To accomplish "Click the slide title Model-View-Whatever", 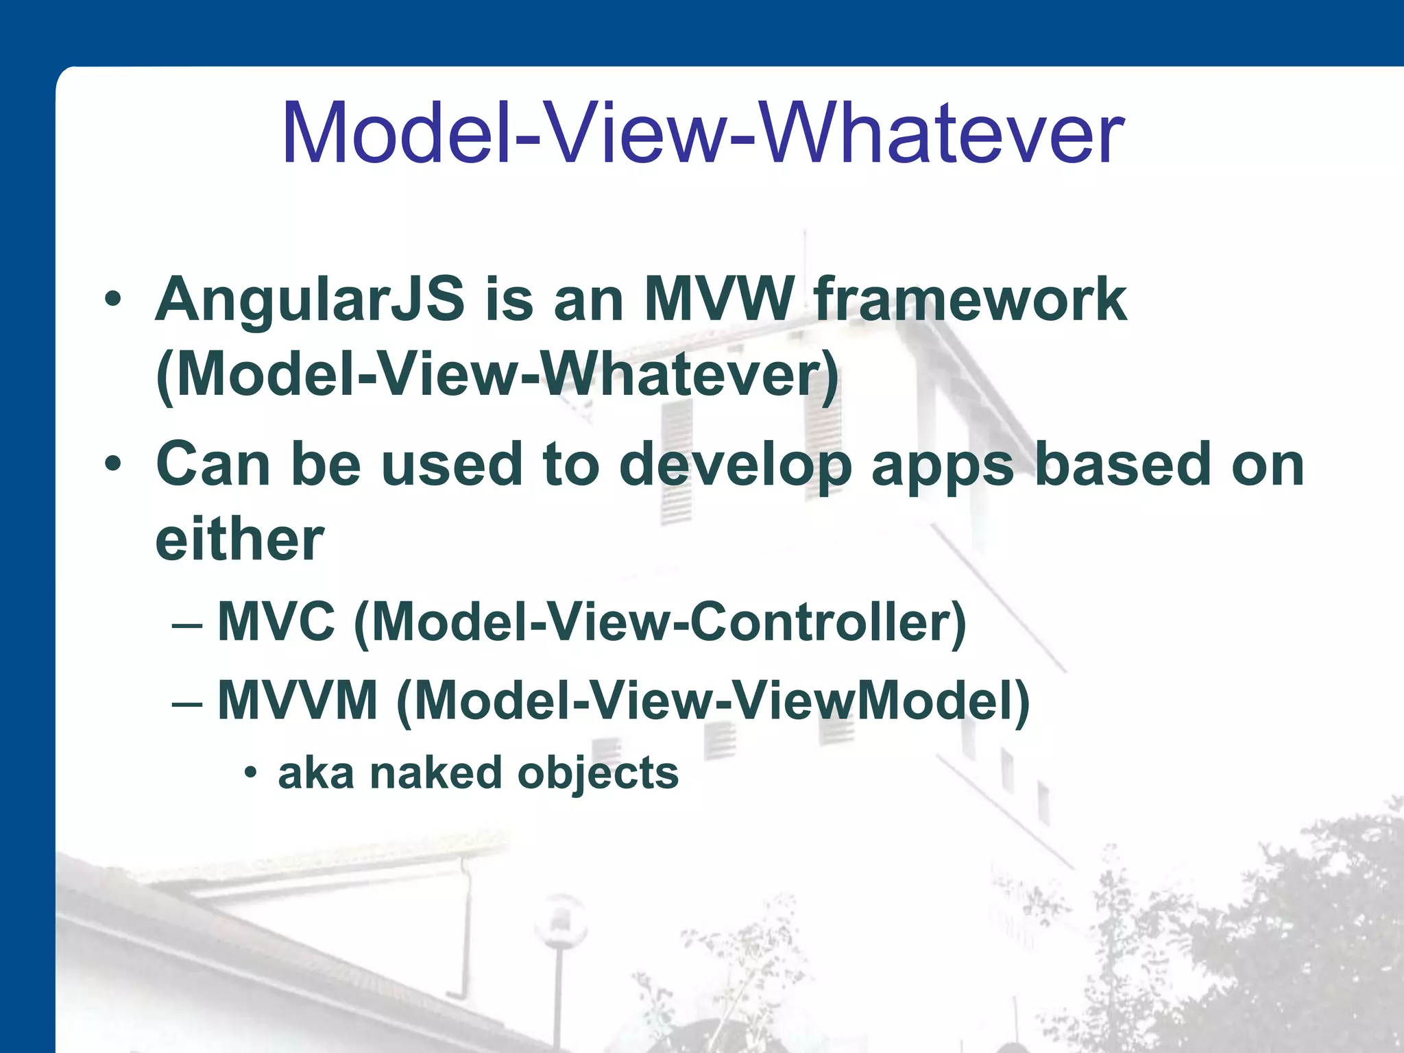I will (x=702, y=134).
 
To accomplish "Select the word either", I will (x=239, y=540).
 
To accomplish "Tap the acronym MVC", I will (x=276, y=622).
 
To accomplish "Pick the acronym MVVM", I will (x=298, y=701).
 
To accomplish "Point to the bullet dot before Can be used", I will (x=113, y=464).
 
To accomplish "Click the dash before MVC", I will (x=187, y=625).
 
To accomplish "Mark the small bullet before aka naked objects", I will (x=251, y=773).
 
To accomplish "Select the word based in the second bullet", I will (x=1123, y=464).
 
